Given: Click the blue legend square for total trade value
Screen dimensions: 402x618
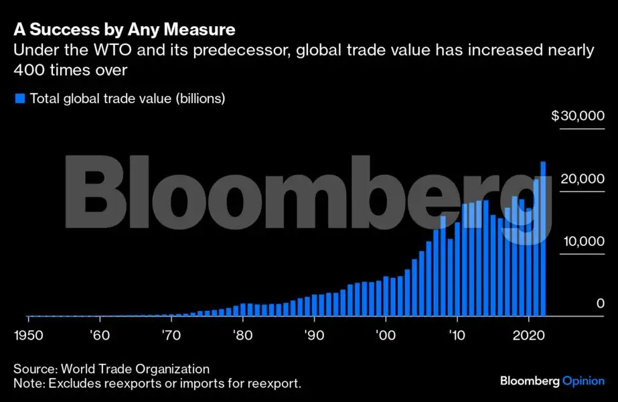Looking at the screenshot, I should (19, 98).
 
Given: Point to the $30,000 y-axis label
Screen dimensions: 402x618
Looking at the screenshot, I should (578, 116).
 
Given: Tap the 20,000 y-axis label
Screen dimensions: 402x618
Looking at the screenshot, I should (582, 179).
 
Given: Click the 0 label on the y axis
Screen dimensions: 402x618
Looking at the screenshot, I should (601, 304).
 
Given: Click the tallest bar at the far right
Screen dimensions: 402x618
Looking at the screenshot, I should (543, 239).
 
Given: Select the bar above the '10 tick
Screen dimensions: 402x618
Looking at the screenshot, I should (457, 269).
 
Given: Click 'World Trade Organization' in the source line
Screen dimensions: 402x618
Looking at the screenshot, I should (135, 368).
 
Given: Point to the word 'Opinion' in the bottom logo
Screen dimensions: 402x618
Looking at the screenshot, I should (584, 381).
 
